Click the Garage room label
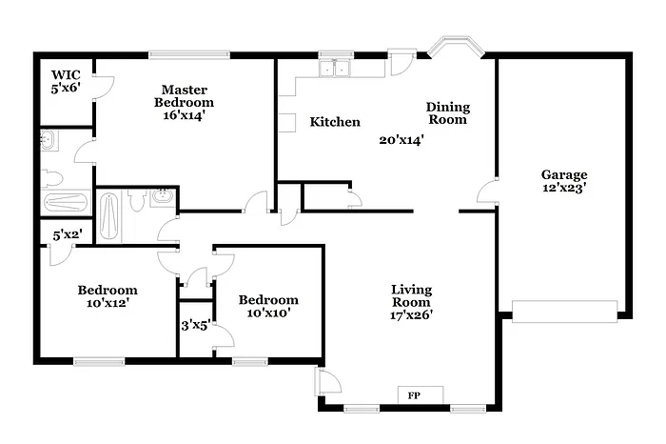[x=564, y=174]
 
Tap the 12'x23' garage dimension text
[x=564, y=188]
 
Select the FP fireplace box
[x=414, y=394]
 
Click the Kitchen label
[x=335, y=122]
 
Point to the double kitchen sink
[x=335, y=68]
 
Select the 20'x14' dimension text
[x=402, y=139]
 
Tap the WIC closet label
[x=66, y=73]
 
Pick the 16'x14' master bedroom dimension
[x=185, y=115]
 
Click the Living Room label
[x=411, y=295]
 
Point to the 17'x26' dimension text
[x=411, y=315]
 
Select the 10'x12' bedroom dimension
[x=107, y=304]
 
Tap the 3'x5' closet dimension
[x=196, y=325]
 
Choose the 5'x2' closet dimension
[x=68, y=233]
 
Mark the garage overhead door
[x=565, y=310]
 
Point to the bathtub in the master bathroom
[x=65, y=202]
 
